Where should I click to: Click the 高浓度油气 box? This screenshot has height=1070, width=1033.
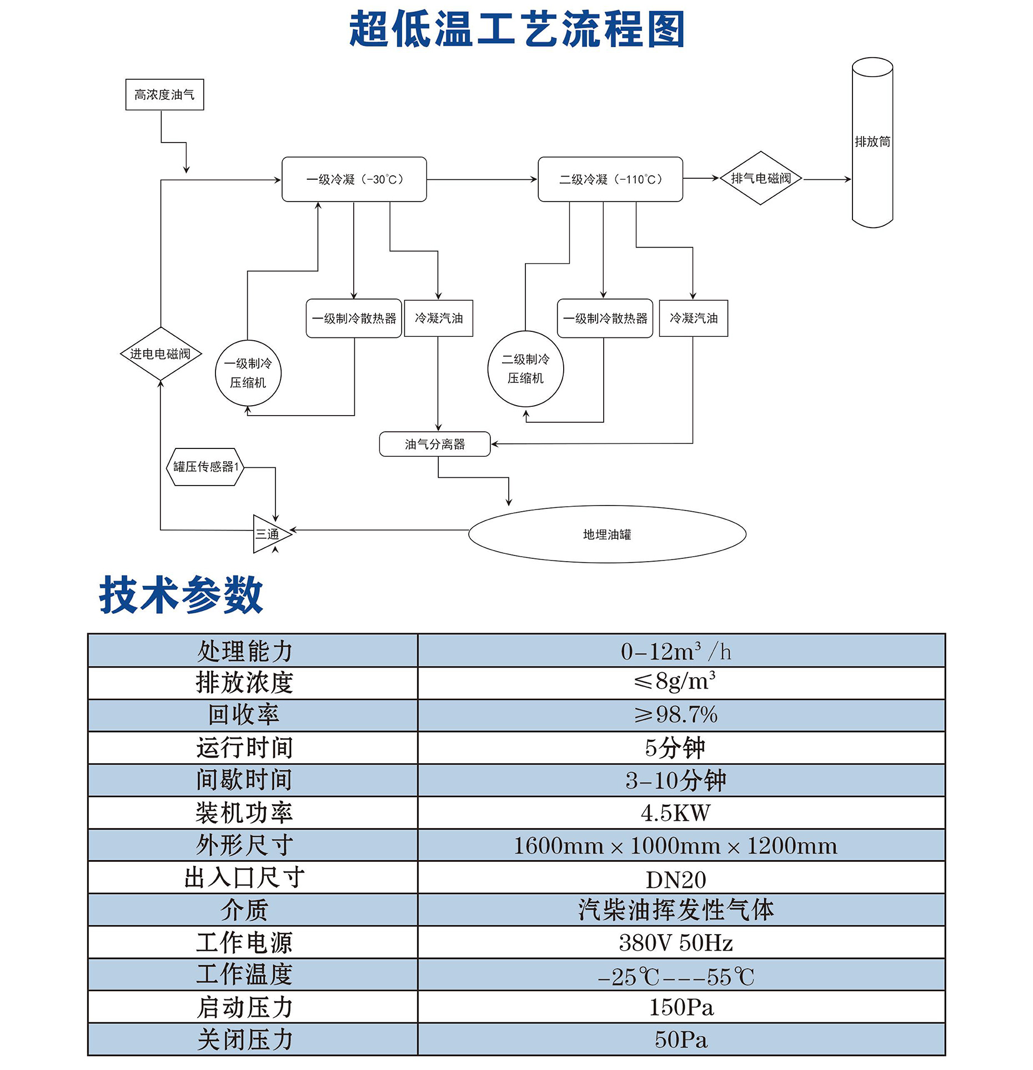point(164,95)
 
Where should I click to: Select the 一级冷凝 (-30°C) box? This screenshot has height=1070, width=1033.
point(354,179)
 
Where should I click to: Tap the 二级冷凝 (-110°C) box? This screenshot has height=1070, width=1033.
point(610,179)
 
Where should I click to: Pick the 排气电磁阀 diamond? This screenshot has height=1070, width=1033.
point(760,178)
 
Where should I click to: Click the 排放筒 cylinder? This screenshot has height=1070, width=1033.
point(872,142)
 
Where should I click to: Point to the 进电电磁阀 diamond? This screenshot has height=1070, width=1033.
point(161,354)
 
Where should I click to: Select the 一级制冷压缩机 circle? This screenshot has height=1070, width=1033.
point(248,373)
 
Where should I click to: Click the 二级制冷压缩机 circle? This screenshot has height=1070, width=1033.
point(525,369)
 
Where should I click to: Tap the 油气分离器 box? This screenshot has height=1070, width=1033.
point(435,444)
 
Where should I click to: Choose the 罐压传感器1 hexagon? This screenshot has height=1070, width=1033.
point(205,467)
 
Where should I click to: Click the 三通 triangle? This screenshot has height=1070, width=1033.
point(268,534)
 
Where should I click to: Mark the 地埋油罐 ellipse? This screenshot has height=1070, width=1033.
point(607,534)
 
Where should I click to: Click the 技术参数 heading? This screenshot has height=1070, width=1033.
point(180,595)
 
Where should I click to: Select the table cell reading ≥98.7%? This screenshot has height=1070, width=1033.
point(681,715)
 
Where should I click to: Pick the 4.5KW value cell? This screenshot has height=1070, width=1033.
point(681,813)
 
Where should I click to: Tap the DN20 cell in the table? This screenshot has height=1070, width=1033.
point(681,878)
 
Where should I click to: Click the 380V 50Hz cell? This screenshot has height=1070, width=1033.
point(681,943)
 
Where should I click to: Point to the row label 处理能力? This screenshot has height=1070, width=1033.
point(244,651)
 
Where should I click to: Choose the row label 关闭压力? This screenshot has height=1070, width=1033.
point(244,1039)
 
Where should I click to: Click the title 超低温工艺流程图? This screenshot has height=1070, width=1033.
point(516,29)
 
